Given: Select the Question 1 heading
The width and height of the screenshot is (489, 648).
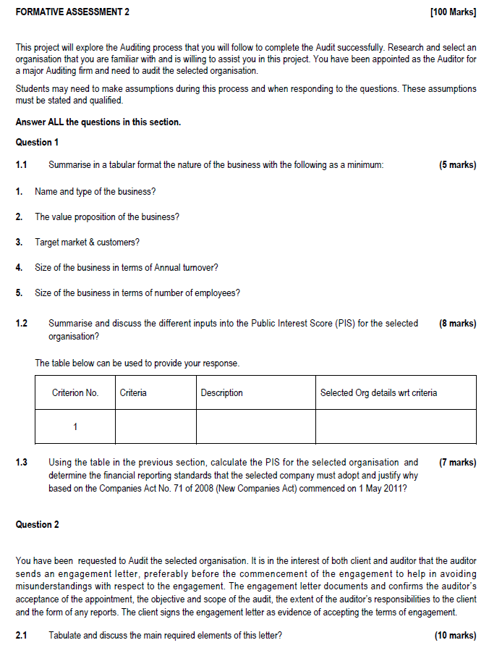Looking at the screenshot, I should click(x=38, y=143).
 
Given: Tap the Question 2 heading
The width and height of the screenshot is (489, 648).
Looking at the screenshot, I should click(x=38, y=524).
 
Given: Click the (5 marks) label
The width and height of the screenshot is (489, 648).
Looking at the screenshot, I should click(x=457, y=165).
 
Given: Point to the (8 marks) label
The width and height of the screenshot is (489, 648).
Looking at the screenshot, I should click(x=457, y=324).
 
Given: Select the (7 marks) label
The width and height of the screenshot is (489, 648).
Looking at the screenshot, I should click(x=457, y=462).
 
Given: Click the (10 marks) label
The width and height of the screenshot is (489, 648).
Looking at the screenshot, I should click(x=455, y=635).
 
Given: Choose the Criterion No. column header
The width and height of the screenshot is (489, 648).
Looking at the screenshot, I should click(x=75, y=392).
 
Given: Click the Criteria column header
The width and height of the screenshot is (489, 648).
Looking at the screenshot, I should click(x=133, y=392).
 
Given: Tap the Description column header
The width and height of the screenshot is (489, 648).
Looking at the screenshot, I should click(x=222, y=392).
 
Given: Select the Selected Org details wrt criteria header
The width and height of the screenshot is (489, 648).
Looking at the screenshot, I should click(x=378, y=392).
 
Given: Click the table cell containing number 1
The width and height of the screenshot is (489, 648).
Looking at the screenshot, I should click(x=75, y=426).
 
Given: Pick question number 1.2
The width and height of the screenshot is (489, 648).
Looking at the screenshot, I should click(x=22, y=324).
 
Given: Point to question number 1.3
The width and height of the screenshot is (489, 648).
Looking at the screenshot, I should click(x=22, y=462).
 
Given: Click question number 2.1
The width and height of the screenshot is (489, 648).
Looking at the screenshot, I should click(x=22, y=635).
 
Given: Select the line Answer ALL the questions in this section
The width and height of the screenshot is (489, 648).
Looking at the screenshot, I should click(x=98, y=122).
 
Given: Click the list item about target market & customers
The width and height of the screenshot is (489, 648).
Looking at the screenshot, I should click(x=87, y=242).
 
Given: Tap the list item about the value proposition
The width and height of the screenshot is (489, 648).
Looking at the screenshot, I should click(x=107, y=216).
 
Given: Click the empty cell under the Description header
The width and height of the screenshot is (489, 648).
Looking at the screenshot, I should click(x=255, y=426).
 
